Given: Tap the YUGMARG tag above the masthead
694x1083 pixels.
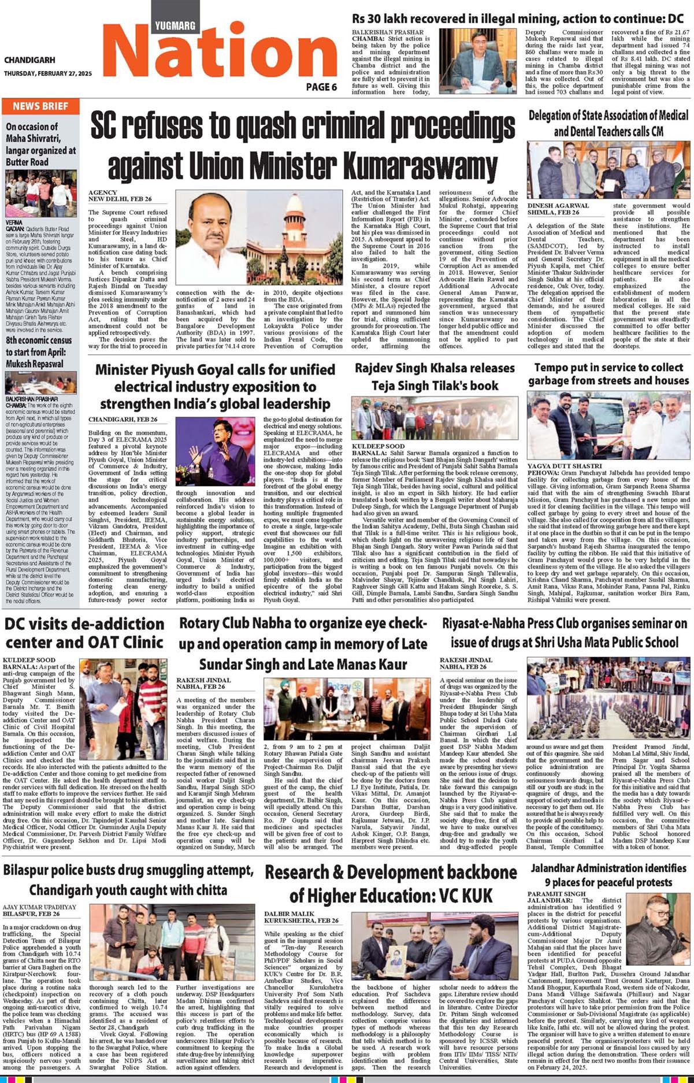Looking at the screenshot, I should point(175,25).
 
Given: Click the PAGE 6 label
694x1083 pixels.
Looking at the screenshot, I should point(321,87).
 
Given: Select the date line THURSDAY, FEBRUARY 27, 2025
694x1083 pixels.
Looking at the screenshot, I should point(47,73).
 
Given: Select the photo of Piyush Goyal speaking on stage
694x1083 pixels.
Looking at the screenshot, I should point(214,451).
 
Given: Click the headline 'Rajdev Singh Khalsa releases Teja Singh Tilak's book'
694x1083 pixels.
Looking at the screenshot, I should point(435,376).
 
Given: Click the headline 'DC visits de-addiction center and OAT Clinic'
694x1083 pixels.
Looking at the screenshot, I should point(84,633).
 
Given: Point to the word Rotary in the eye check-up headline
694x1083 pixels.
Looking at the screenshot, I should point(204,624).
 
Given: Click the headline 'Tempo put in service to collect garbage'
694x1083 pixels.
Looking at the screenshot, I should point(608,374).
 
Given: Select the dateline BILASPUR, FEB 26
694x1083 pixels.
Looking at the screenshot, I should point(31,914).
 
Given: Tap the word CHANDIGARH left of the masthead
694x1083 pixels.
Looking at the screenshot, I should point(29,60).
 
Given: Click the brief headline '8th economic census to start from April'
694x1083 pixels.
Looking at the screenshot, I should point(39,352).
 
